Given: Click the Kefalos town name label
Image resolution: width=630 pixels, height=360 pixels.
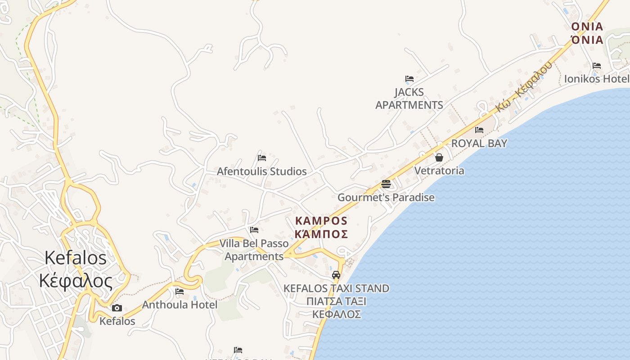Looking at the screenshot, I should [76, 269].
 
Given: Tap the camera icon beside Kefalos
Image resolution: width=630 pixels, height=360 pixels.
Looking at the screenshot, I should [117, 308].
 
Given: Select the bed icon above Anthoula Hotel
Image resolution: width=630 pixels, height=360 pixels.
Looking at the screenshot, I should [179, 291].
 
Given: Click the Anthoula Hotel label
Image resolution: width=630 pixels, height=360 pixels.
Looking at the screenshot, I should [180, 305].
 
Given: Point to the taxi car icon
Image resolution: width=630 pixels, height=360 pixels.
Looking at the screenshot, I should [336, 274].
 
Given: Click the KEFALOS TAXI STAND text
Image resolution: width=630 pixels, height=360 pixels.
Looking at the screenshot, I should [336, 288].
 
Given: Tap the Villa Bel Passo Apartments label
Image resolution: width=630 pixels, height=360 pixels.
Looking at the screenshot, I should [254, 250].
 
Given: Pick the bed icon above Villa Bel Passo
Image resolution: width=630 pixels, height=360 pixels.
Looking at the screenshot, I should [254, 230].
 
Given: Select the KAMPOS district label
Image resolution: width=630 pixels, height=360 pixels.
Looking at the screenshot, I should [321, 227].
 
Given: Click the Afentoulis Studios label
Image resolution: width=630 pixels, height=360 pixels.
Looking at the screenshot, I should [261, 171].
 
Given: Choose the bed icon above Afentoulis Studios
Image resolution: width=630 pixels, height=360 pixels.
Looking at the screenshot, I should [261, 158].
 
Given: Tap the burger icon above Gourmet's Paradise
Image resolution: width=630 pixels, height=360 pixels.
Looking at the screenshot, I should [386, 184].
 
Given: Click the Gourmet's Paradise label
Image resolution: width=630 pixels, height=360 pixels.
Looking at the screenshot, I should [386, 198].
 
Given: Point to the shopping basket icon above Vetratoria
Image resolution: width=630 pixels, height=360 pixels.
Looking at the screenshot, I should [439, 157].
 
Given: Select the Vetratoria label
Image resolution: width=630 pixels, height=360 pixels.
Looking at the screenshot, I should [439, 171].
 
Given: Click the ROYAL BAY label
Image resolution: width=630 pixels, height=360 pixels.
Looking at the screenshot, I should [479, 144].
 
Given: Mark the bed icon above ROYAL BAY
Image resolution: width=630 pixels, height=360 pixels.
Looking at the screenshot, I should [479, 130].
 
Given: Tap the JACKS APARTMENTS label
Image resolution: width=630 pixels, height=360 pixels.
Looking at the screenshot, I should [409, 99].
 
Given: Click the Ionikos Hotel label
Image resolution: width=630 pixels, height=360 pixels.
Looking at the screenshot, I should [596, 79].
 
